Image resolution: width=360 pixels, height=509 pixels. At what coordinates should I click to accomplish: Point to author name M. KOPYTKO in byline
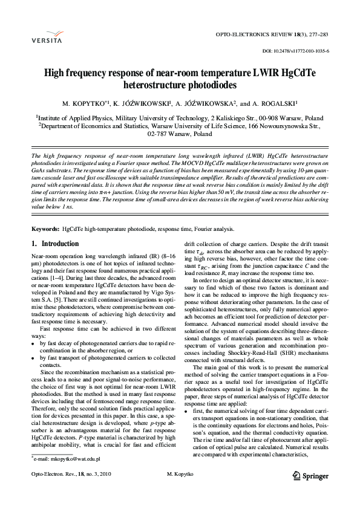point(86,103)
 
